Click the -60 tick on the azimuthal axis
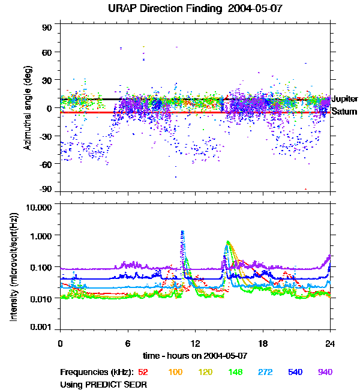tap(46, 163)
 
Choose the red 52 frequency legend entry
tap(143, 372)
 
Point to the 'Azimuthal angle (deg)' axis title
tap(27, 108)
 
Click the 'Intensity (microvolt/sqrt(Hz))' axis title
tap(13, 266)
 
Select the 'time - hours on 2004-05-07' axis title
tap(195, 355)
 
